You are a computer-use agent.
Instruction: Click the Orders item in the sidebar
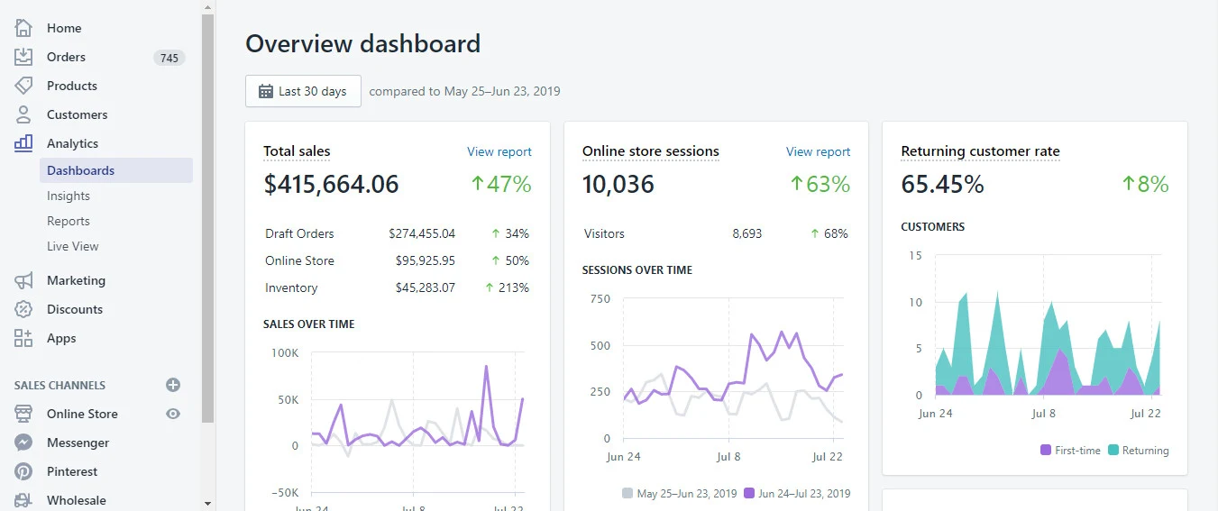point(66,57)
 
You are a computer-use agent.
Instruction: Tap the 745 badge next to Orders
point(169,58)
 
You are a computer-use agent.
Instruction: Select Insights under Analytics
point(69,196)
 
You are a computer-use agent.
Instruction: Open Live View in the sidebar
point(73,246)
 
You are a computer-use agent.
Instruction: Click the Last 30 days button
point(303,91)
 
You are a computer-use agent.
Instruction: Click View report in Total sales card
point(499,151)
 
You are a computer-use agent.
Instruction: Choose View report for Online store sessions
point(818,151)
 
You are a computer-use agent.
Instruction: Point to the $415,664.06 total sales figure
point(331,184)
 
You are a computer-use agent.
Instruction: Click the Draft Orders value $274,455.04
point(422,233)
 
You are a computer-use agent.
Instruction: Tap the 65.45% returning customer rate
point(942,184)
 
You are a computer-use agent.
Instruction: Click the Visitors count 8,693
point(746,233)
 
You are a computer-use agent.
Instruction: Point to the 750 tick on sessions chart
point(600,298)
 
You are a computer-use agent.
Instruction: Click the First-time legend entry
point(1070,450)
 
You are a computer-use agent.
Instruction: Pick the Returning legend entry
point(1138,450)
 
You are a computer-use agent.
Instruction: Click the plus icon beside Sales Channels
point(173,385)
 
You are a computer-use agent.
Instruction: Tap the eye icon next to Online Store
point(173,414)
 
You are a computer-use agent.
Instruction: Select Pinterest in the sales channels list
point(72,471)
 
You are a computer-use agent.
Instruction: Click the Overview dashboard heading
point(362,43)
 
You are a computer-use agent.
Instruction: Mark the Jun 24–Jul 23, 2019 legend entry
point(797,493)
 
